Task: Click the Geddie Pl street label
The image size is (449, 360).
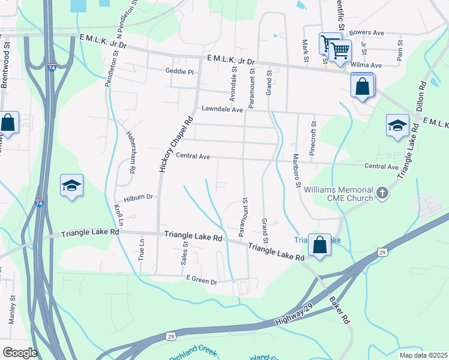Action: pyautogui.click(x=179, y=71)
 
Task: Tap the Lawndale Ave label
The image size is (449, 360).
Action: pyautogui.click(x=222, y=110)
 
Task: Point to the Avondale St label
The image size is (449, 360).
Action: pyautogui.click(x=234, y=83)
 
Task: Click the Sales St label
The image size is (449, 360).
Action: pyautogui.click(x=185, y=254)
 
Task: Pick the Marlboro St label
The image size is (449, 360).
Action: pyautogui.click(x=296, y=172)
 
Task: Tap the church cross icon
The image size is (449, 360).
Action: pyautogui.click(x=382, y=193)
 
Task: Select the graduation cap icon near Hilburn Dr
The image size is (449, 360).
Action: pyautogui.click(x=71, y=186)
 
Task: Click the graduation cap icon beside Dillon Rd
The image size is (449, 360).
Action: pyautogui.click(x=397, y=125)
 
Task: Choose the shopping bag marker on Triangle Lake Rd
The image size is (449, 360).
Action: pyautogui.click(x=319, y=244)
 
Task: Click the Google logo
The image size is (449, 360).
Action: pyautogui.click(x=20, y=352)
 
